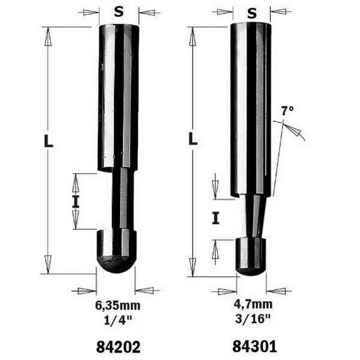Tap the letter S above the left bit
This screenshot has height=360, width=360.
tap(119, 11)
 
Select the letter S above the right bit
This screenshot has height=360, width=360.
tap(252, 12)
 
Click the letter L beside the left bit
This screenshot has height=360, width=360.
tap(48, 141)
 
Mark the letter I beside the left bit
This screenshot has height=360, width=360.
tap(76, 201)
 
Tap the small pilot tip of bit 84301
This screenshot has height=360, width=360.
tap(251, 256)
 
